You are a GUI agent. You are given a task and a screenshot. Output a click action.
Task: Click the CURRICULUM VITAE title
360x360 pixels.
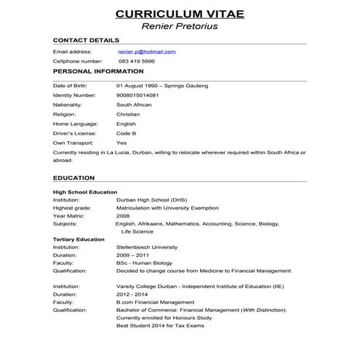pos(180,14)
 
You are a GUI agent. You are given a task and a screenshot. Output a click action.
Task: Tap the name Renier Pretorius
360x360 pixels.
pos(180,28)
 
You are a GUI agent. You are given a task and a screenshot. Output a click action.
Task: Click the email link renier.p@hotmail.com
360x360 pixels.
pos(146,52)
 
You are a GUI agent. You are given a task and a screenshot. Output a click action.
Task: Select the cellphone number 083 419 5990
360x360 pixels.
pos(135,62)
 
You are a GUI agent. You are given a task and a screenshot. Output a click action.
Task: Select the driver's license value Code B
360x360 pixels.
pos(127,134)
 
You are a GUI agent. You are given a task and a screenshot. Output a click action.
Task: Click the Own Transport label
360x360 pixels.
pos(72,143)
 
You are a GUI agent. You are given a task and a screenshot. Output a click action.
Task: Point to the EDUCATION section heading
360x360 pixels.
pos(73,177)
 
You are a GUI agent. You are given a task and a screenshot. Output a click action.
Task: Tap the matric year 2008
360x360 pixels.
pos(123,215)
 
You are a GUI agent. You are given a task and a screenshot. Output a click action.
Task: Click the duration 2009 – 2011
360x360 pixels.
pos(132,256)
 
